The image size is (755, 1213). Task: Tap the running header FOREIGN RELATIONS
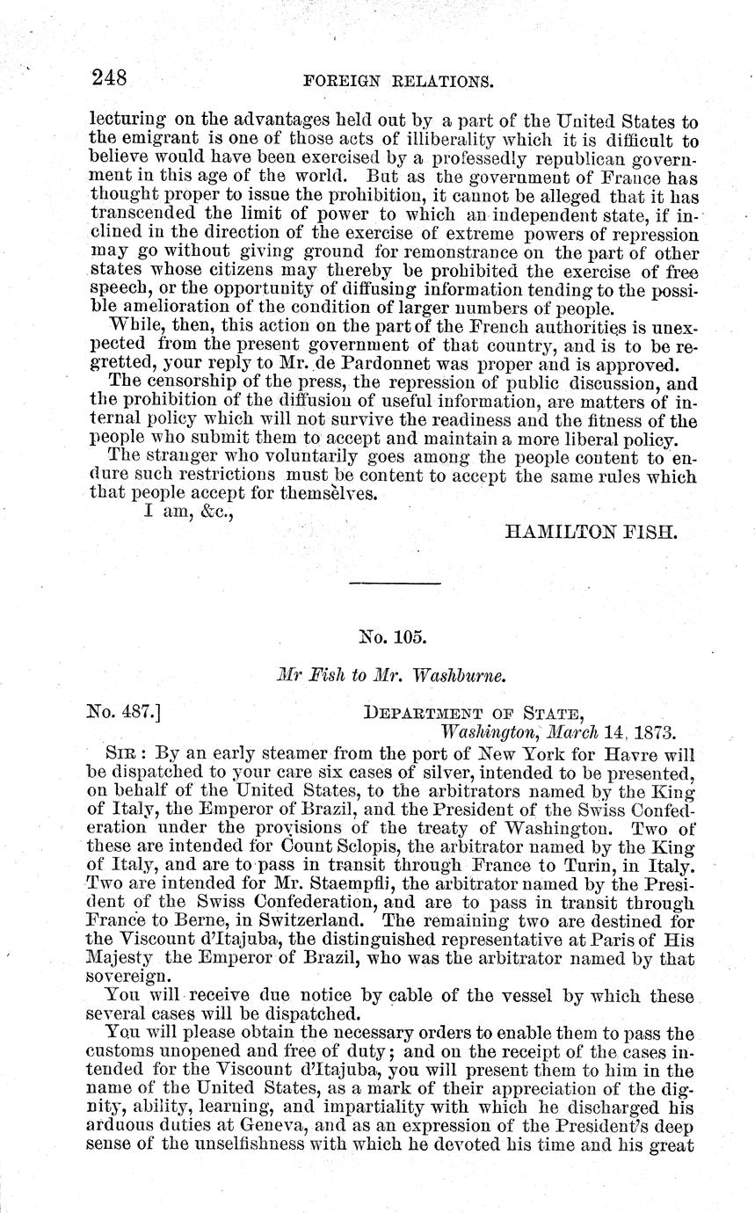point(396,82)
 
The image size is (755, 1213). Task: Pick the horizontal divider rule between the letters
point(395,584)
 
